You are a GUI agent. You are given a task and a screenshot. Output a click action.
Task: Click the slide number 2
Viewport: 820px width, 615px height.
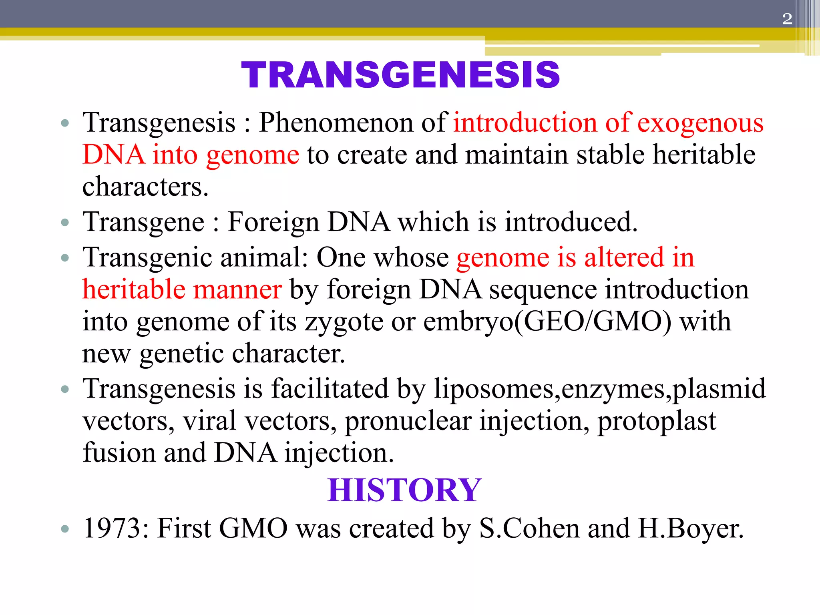787,19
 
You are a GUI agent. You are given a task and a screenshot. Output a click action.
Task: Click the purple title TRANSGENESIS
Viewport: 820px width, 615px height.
400,75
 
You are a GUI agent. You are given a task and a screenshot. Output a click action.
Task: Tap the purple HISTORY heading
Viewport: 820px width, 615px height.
404,490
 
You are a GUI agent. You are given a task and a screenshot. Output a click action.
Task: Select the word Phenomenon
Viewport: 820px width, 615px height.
335,123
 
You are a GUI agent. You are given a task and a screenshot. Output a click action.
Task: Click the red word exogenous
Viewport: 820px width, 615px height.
700,123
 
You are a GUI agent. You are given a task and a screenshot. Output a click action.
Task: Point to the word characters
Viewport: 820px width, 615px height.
145,187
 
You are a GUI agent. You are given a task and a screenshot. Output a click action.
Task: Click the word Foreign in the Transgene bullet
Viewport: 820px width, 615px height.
273,222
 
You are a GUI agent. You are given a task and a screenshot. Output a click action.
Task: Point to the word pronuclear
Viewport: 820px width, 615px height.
408,422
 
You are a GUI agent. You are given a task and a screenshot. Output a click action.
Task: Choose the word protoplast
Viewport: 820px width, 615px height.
657,422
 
